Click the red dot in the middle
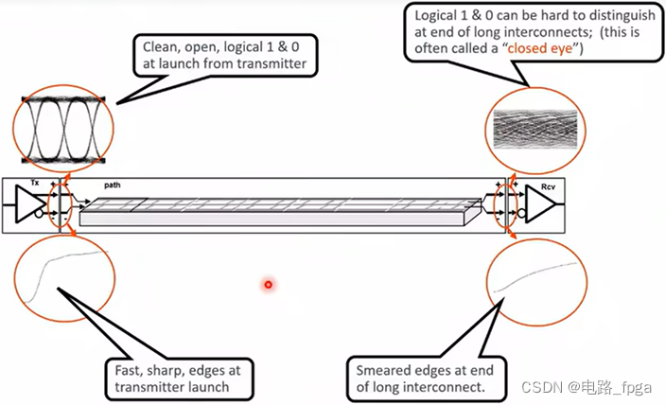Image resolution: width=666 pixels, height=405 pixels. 269,283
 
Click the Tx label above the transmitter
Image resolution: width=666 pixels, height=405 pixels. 35,180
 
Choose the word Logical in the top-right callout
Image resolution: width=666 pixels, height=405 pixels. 436,16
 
